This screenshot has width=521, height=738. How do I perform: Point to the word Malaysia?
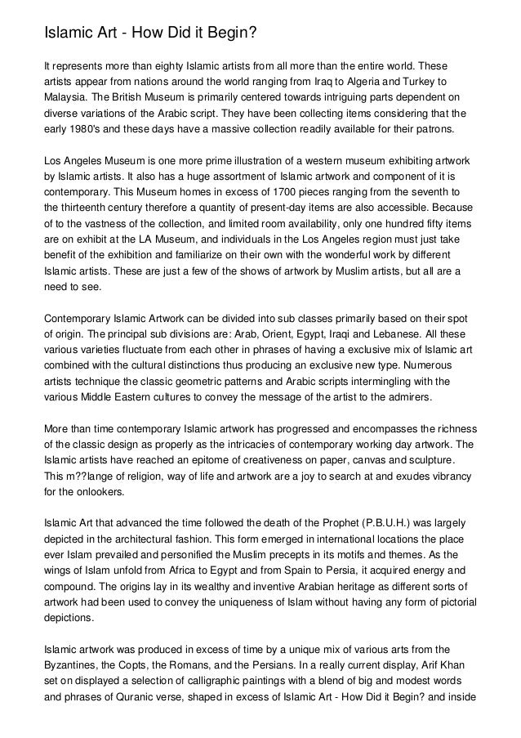point(68,101)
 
